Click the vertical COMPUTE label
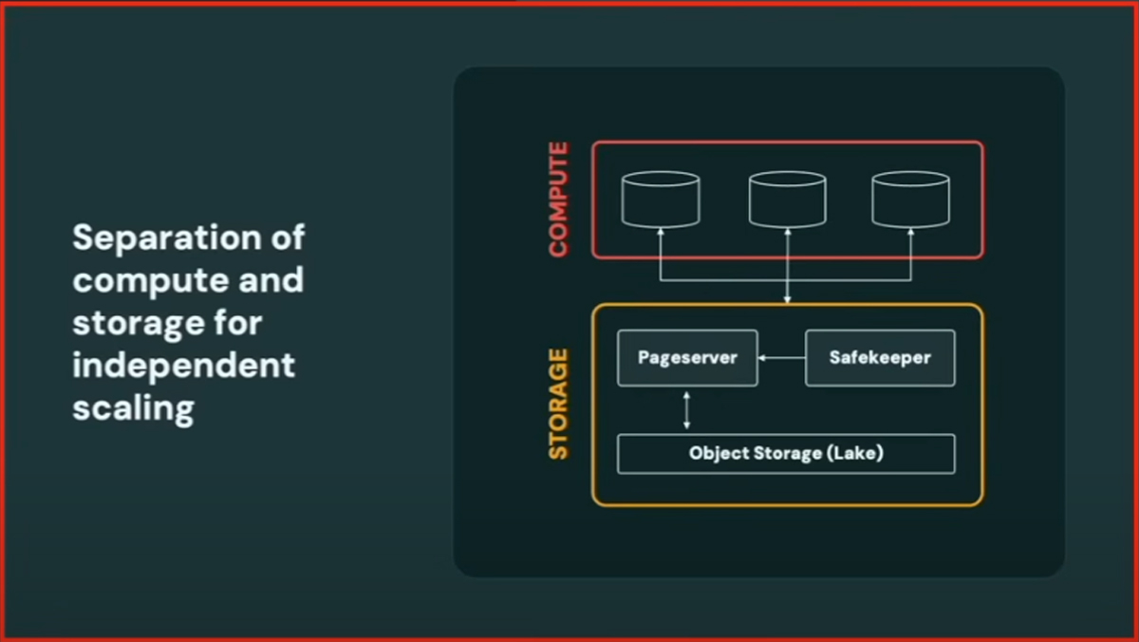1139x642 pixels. [x=558, y=199]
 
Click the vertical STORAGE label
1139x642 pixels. [x=558, y=405]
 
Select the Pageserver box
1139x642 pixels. [x=687, y=358]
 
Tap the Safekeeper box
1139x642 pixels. [x=880, y=358]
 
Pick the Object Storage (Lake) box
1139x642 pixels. [x=786, y=454]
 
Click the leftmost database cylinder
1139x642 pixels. [x=661, y=198]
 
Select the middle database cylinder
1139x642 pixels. [x=787, y=198]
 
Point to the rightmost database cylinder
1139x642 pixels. [x=910, y=198]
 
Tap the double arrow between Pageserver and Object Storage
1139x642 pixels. [x=687, y=410]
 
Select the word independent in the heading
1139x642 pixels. [x=183, y=366]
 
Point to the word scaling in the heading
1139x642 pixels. [x=133, y=408]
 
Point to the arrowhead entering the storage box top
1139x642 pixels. [x=787, y=299]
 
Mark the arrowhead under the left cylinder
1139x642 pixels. [x=661, y=234]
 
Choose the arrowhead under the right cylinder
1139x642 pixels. [x=910, y=234]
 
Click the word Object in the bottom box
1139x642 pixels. [x=719, y=454]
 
